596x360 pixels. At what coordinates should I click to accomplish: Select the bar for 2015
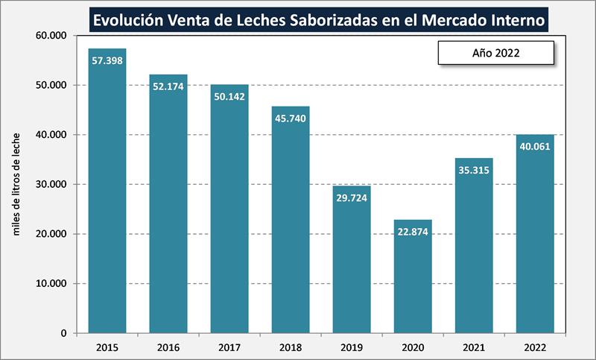pyautogui.click(x=107, y=194)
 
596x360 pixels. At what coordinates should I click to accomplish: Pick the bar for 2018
pyautogui.click(x=291, y=224)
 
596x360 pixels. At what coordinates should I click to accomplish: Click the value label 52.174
pyautogui.click(x=168, y=86)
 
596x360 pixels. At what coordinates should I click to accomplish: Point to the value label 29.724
pyautogui.click(x=352, y=198)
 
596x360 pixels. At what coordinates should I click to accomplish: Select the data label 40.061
pyautogui.click(x=535, y=146)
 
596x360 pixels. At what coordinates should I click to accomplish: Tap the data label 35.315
pyautogui.click(x=474, y=170)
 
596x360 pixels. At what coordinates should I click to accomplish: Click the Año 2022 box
pyautogui.click(x=495, y=53)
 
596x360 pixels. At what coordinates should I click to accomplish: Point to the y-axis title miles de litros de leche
pyautogui.click(x=17, y=183)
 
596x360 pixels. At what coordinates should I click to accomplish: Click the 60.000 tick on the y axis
pyautogui.click(x=51, y=36)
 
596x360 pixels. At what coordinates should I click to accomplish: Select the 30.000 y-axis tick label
pyautogui.click(x=51, y=184)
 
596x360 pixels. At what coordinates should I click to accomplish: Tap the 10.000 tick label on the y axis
pyautogui.click(x=51, y=284)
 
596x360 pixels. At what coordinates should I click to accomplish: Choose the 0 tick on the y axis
pyautogui.click(x=64, y=333)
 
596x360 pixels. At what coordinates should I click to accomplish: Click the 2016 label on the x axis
pyautogui.click(x=168, y=347)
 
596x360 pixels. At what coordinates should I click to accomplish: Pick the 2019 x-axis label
pyautogui.click(x=352, y=347)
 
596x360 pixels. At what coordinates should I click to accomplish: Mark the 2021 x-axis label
pyautogui.click(x=474, y=347)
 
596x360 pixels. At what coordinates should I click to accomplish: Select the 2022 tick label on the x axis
pyautogui.click(x=535, y=347)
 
